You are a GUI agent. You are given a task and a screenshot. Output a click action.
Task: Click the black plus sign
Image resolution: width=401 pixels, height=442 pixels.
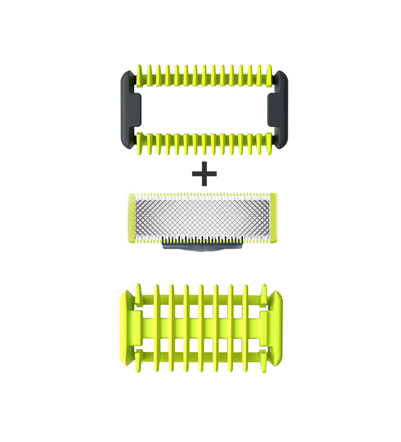pos(204,173)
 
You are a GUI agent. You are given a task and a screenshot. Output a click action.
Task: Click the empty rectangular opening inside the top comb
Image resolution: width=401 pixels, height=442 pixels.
pos(204,110)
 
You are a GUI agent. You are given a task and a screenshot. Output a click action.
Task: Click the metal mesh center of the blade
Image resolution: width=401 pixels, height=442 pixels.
pos(204,215)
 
